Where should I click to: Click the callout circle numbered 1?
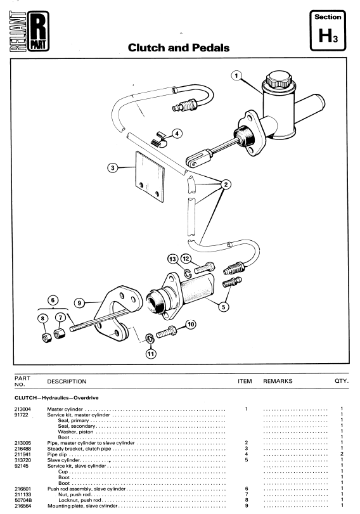[x=236, y=75]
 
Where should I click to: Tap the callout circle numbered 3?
[x=112, y=168]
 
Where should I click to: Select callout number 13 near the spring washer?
[x=172, y=259]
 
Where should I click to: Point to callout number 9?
[x=79, y=303]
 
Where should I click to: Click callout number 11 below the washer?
[x=151, y=354]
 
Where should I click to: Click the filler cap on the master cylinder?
[x=278, y=79]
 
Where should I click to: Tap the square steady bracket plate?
[x=150, y=176]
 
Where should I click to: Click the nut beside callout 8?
[x=47, y=337]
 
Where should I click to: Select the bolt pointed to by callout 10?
[x=167, y=331]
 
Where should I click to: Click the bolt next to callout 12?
[x=204, y=268]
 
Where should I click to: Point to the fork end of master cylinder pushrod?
[x=195, y=158]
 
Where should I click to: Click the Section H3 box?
[x=328, y=30]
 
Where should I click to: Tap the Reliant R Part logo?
[x=29, y=31]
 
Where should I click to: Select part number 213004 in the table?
[x=23, y=409]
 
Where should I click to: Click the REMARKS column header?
[x=278, y=382]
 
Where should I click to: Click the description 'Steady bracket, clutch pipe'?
[x=79, y=449]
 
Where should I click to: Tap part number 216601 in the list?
[x=23, y=489]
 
